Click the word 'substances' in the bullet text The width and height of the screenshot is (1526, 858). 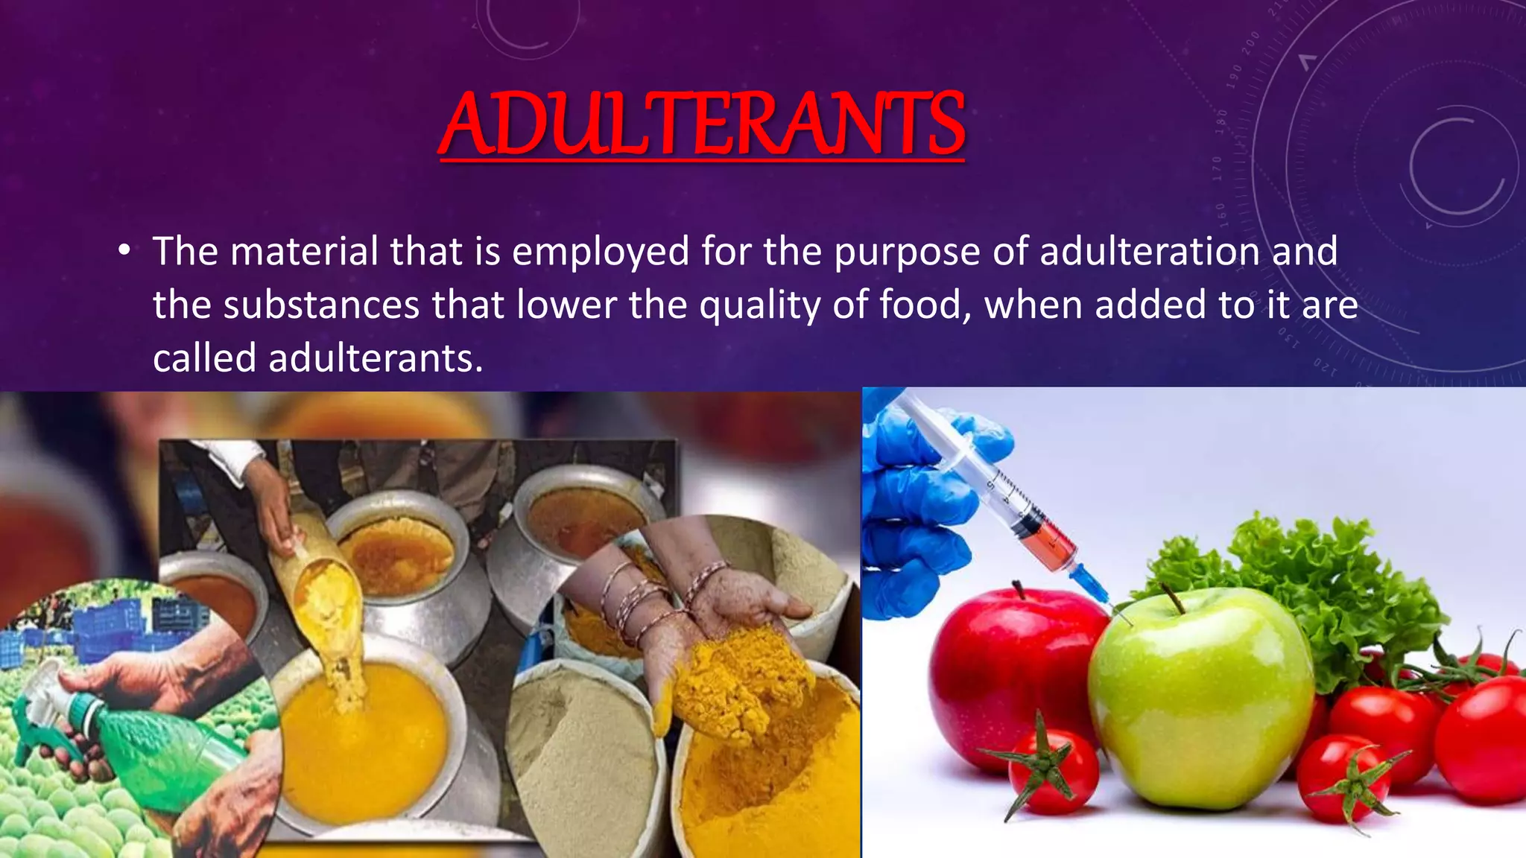(321, 305)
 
